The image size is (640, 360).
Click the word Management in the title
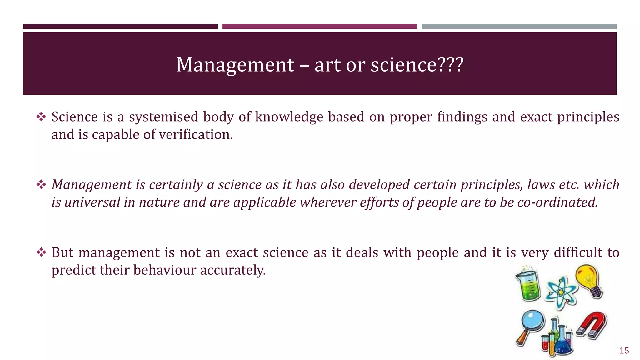(x=235, y=65)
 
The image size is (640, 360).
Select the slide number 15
(x=624, y=351)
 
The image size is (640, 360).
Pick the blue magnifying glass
(x=531, y=325)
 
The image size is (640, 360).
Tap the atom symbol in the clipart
(x=561, y=292)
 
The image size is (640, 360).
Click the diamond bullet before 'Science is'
(x=41, y=117)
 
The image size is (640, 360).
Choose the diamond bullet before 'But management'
(x=41, y=252)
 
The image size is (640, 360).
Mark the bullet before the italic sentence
(x=41, y=185)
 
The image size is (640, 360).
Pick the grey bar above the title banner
(x=519, y=27)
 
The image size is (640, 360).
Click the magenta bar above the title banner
(x=319, y=27)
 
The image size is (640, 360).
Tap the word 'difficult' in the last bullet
(x=578, y=252)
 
